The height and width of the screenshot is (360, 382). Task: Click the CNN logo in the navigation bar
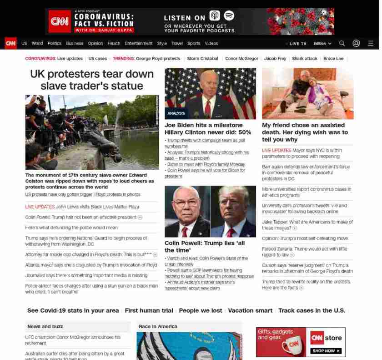coord(10,43)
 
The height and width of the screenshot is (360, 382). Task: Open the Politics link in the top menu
coord(54,44)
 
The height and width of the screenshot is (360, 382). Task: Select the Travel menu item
coord(177,44)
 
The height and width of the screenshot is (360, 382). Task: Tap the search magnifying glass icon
coord(342,43)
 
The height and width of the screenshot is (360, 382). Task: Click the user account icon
coord(356,43)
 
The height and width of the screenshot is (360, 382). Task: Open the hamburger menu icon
coord(371,43)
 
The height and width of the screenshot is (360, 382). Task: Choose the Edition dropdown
coord(322,44)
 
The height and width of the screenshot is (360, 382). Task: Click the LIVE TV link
coord(297,44)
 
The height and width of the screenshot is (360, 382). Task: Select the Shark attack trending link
coord(305,59)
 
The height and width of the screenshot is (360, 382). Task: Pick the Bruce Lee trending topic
coord(333,59)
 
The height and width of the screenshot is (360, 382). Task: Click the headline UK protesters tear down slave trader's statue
coord(92,80)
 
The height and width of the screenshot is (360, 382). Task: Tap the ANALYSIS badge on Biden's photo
coord(176,113)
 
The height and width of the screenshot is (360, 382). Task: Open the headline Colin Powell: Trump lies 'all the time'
coord(205,246)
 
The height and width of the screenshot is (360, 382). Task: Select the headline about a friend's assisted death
coord(305,132)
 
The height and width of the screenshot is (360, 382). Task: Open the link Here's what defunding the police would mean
coord(71,228)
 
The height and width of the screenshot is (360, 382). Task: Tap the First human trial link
coord(149,310)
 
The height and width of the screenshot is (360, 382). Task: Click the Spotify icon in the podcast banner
coord(229,15)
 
